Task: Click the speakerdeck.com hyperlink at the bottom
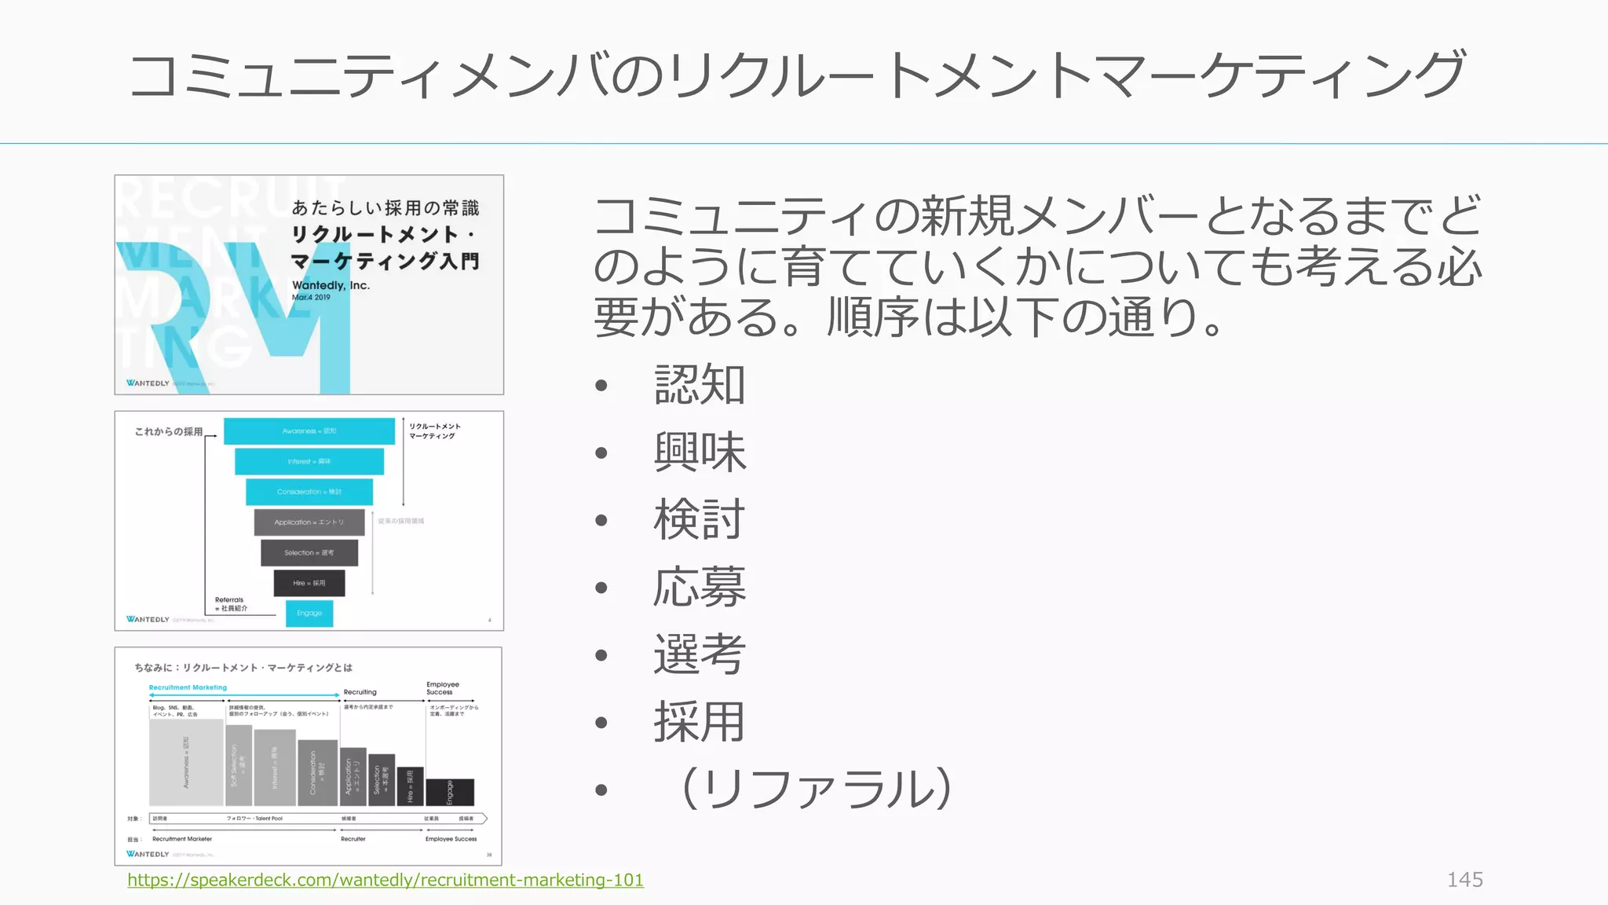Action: pos(385,880)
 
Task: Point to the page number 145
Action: pos(1464,880)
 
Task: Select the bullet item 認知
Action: pos(699,385)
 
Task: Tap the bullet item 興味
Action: pos(699,452)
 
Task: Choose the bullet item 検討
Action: pos(699,520)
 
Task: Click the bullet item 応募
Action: pos(699,588)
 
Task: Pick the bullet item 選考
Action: pos(699,654)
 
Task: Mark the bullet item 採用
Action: pos(699,722)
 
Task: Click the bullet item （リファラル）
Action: pos(817,790)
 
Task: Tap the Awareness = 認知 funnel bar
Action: pos(309,431)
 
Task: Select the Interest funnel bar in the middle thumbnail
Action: pos(309,461)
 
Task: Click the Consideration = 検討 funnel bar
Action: pos(309,492)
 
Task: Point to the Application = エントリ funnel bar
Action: pos(309,522)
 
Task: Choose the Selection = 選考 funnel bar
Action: pos(309,553)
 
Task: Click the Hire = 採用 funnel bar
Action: pos(309,583)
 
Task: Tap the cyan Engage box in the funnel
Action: pos(309,613)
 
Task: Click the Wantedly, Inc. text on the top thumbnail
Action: pos(331,285)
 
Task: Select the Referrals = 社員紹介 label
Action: pos(231,604)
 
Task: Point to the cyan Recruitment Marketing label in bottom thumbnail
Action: pos(188,687)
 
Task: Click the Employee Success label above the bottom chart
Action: pos(443,688)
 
